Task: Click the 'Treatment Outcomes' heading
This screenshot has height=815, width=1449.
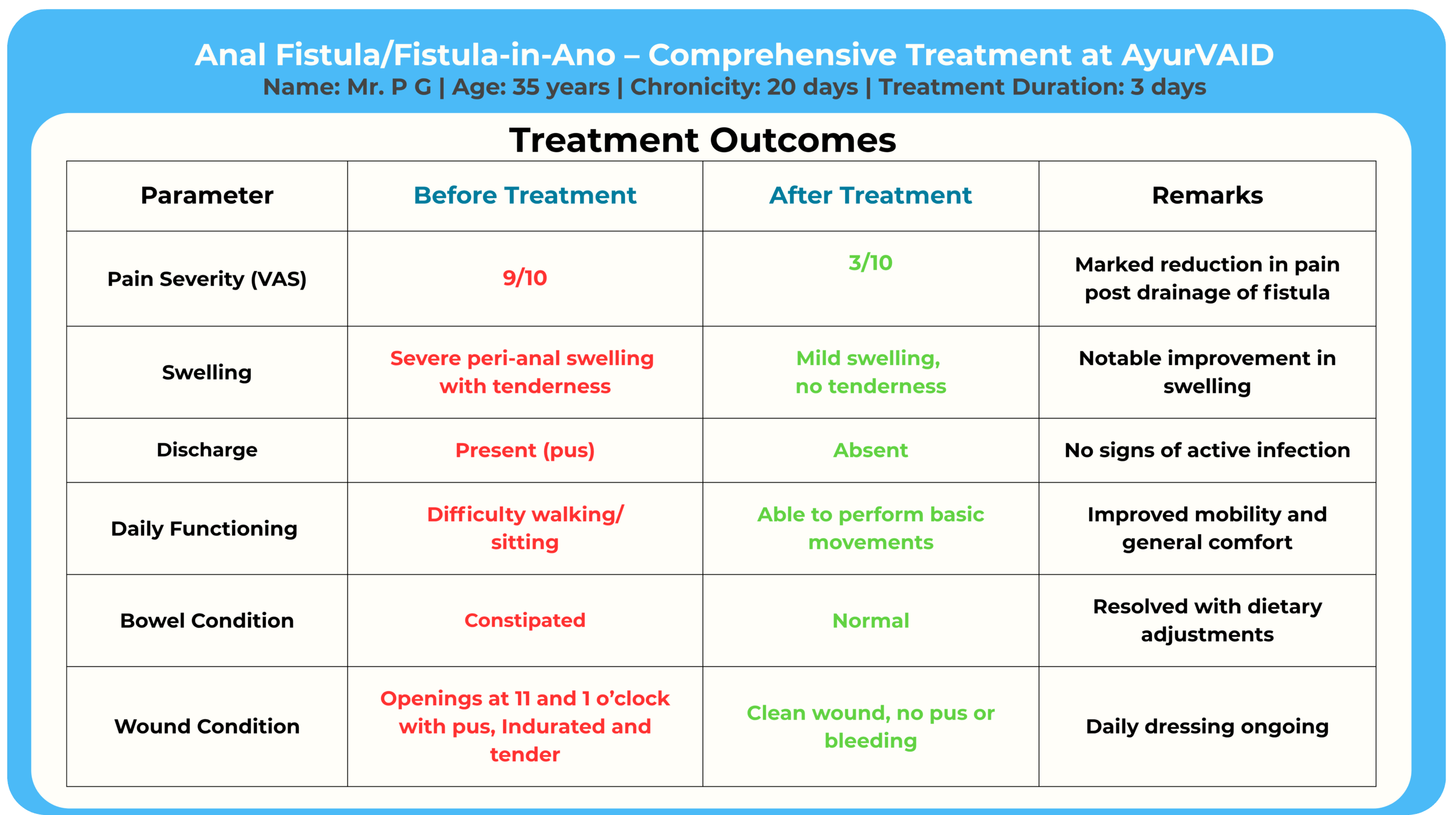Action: point(702,140)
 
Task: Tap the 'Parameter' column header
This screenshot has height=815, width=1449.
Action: point(207,195)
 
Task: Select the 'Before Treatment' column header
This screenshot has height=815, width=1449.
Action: point(525,195)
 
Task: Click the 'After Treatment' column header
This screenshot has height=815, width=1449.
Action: point(871,195)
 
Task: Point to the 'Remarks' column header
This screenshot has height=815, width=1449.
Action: point(1207,195)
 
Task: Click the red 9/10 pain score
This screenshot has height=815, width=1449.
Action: point(525,278)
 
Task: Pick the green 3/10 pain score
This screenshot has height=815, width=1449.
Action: point(871,263)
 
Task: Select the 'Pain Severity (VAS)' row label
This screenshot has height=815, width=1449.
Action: point(207,279)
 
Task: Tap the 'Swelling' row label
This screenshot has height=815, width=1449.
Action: point(207,372)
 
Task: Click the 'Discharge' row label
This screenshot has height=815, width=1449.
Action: point(207,450)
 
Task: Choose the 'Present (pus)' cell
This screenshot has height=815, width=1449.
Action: point(525,451)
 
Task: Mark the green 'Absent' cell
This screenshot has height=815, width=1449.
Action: point(871,450)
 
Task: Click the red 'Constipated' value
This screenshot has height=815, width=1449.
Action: point(525,620)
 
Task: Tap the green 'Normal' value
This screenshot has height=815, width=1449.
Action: point(871,621)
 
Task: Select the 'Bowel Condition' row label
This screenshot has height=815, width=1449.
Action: point(207,621)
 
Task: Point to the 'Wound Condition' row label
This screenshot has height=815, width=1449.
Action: point(207,726)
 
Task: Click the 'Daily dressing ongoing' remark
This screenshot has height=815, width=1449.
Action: point(1207,727)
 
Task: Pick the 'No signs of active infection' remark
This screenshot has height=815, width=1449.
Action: point(1207,450)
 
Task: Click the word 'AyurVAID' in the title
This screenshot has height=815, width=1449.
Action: point(1198,55)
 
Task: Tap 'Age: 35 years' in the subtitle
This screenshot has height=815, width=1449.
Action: point(531,87)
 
